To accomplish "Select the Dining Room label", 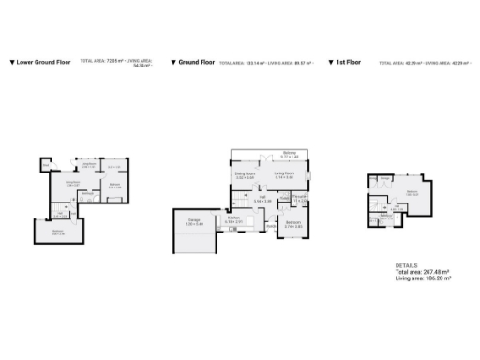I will click(244, 174).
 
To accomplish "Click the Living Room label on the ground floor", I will click(284, 174).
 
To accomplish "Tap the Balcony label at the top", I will click(290, 154).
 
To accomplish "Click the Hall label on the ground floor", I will click(262, 200).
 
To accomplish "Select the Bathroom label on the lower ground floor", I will click(86, 194).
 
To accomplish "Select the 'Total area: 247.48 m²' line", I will click(423, 272).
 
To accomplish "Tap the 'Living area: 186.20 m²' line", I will click(424, 278).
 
